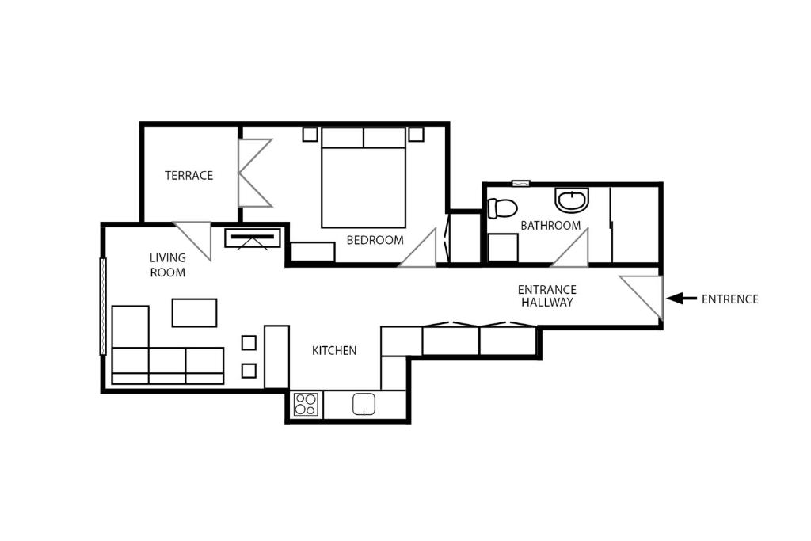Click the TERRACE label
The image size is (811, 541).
click(188, 175)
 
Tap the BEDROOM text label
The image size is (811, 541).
click(375, 240)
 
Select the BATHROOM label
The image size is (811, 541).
click(550, 226)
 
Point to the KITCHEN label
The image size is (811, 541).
click(334, 351)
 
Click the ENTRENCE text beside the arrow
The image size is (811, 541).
click(729, 299)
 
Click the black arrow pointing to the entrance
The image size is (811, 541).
click(682, 299)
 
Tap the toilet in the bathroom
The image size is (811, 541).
click(502, 208)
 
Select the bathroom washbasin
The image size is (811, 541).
click(572, 200)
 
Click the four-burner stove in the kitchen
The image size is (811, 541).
click(306, 405)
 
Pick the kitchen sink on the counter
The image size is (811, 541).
click(364, 404)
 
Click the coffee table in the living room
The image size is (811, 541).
click(194, 312)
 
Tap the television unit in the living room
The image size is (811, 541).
click(253, 238)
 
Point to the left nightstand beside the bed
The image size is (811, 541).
click(310, 134)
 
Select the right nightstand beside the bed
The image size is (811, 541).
click(417, 134)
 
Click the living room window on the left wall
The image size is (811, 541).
click(103, 307)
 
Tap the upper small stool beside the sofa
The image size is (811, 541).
click(249, 343)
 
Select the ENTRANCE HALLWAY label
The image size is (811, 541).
click(546, 295)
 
